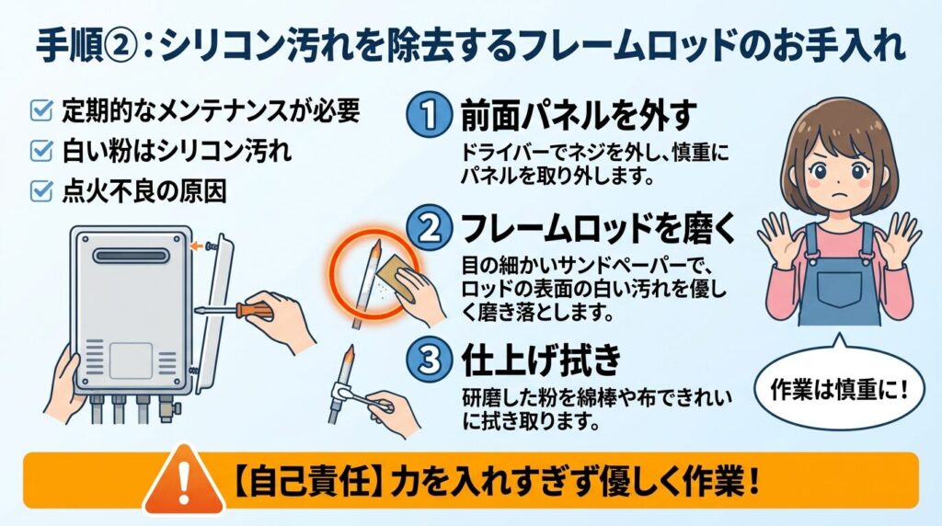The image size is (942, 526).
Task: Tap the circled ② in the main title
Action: tap(124, 47)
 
